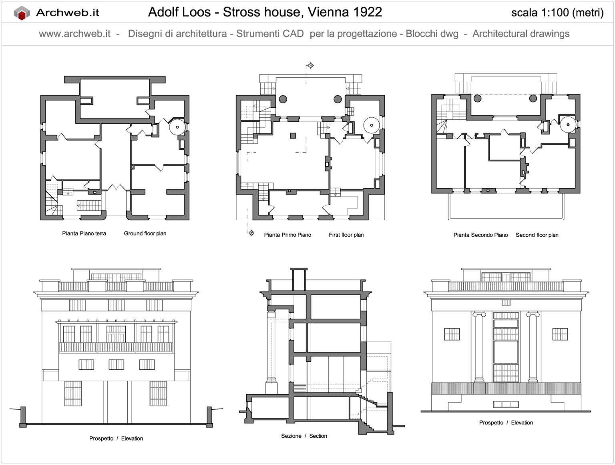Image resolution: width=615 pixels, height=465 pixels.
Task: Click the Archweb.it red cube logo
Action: tap(22, 13)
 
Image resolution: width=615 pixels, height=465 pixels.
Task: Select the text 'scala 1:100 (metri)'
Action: tap(557, 13)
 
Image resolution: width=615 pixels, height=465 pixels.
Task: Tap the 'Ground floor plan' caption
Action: tap(145, 234)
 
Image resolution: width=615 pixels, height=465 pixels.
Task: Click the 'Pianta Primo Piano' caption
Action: tap(287, 235)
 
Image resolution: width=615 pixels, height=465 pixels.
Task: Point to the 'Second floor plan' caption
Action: tap(537, 235)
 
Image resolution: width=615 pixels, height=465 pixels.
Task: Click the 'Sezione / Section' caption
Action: tap(304, 436)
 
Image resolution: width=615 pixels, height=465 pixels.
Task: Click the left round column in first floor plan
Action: tap(283, 99)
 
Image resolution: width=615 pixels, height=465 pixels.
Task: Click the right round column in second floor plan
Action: tap(533, 98)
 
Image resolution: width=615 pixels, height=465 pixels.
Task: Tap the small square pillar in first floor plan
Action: tap(293, 136)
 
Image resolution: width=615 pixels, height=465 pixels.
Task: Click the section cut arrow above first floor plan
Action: tap(310, 66)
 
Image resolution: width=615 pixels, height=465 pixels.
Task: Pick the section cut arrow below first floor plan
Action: tap(251, 233)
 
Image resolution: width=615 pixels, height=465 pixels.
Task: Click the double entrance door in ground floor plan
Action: tap(116, 188)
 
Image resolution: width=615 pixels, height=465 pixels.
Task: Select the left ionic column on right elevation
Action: tap(478, 346)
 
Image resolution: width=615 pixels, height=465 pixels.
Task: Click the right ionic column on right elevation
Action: tap(533, 346)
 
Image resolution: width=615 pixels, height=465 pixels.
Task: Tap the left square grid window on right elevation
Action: tap(452, 334)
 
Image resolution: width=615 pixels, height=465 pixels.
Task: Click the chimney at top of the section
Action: tap(299, 279)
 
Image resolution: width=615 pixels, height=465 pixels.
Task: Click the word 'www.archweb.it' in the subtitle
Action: tap(74, 34)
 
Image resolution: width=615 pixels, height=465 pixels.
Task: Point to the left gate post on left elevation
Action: tap(23, 417)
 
